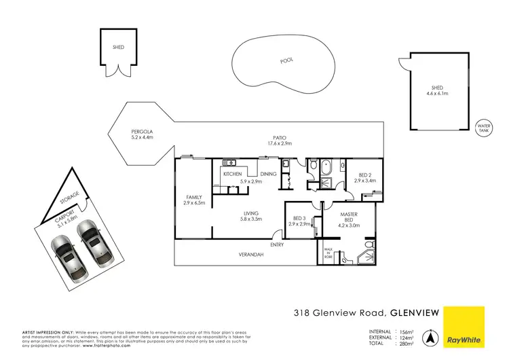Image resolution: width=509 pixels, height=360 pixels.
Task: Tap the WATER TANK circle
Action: tap(484, 128)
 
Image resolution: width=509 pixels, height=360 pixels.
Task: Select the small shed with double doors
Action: tap(119, 49)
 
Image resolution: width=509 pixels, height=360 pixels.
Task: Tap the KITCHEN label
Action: tap(233, 175)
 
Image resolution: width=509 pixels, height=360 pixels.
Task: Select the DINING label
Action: tap(268, 175)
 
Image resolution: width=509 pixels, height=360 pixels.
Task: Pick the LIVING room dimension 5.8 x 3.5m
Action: tap(252, 219)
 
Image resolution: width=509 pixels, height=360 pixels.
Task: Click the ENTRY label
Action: tap(277, 245)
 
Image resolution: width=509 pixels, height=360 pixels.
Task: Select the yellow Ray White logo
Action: tap(466, 325)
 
